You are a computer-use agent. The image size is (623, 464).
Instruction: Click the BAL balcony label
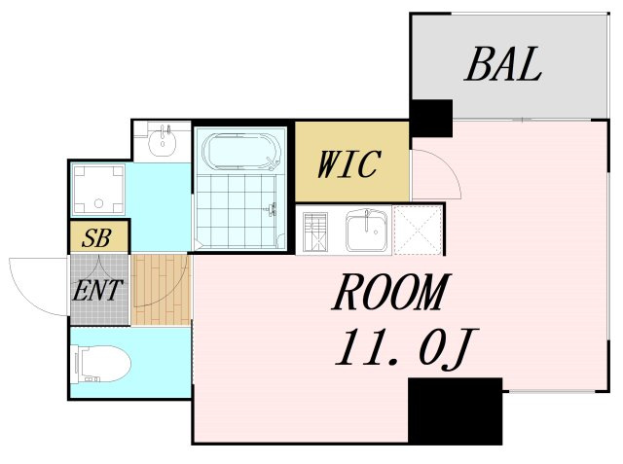[502, 64]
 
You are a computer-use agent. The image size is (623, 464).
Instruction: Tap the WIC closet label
[349, 163]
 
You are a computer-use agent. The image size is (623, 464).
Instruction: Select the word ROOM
[391, 292]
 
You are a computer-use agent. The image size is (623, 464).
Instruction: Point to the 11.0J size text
[407, 348]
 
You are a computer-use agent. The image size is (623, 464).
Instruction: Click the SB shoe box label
[96, 238]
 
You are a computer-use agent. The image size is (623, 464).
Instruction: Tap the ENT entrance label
[97, 290]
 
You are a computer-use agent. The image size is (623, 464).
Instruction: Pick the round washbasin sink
[163, 140]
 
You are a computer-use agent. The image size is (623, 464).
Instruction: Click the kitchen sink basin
[366, 231]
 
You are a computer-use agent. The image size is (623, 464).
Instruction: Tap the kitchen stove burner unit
[315, 232]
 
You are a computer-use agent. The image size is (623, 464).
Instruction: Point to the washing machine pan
[98, 190]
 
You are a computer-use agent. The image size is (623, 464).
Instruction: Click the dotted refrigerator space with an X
[418, 230]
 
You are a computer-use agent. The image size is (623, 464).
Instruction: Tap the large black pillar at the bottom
[456, 410]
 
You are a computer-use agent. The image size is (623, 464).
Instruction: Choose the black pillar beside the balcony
[431, 118]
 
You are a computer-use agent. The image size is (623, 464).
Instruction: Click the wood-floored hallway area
[161, 290]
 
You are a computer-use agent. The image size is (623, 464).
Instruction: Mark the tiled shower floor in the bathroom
[236, 212]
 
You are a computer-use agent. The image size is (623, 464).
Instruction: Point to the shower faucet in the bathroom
[273, 209]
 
